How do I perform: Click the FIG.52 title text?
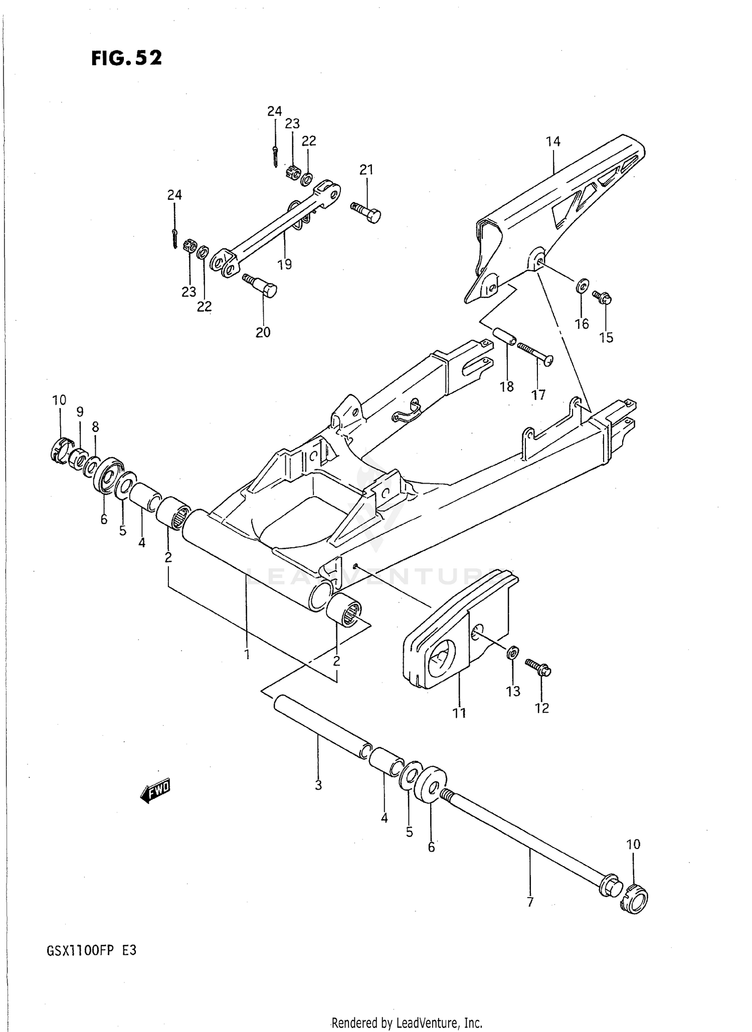(x=126, y=58)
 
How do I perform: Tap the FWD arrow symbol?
(x=156, y=791)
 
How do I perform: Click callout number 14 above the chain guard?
(x=553, y=142)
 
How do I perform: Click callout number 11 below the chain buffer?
(x=459, y=712)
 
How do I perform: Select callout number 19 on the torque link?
(x=285, y=264)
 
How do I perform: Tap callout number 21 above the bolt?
(x=366, y=170)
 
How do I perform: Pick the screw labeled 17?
(x=535, y=354)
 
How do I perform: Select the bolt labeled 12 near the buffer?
(x=538, y=667)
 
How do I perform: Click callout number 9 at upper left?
(x=80, y=412)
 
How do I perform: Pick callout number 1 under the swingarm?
(x=247, y=654)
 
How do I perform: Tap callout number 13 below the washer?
(x=513, y=691)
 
